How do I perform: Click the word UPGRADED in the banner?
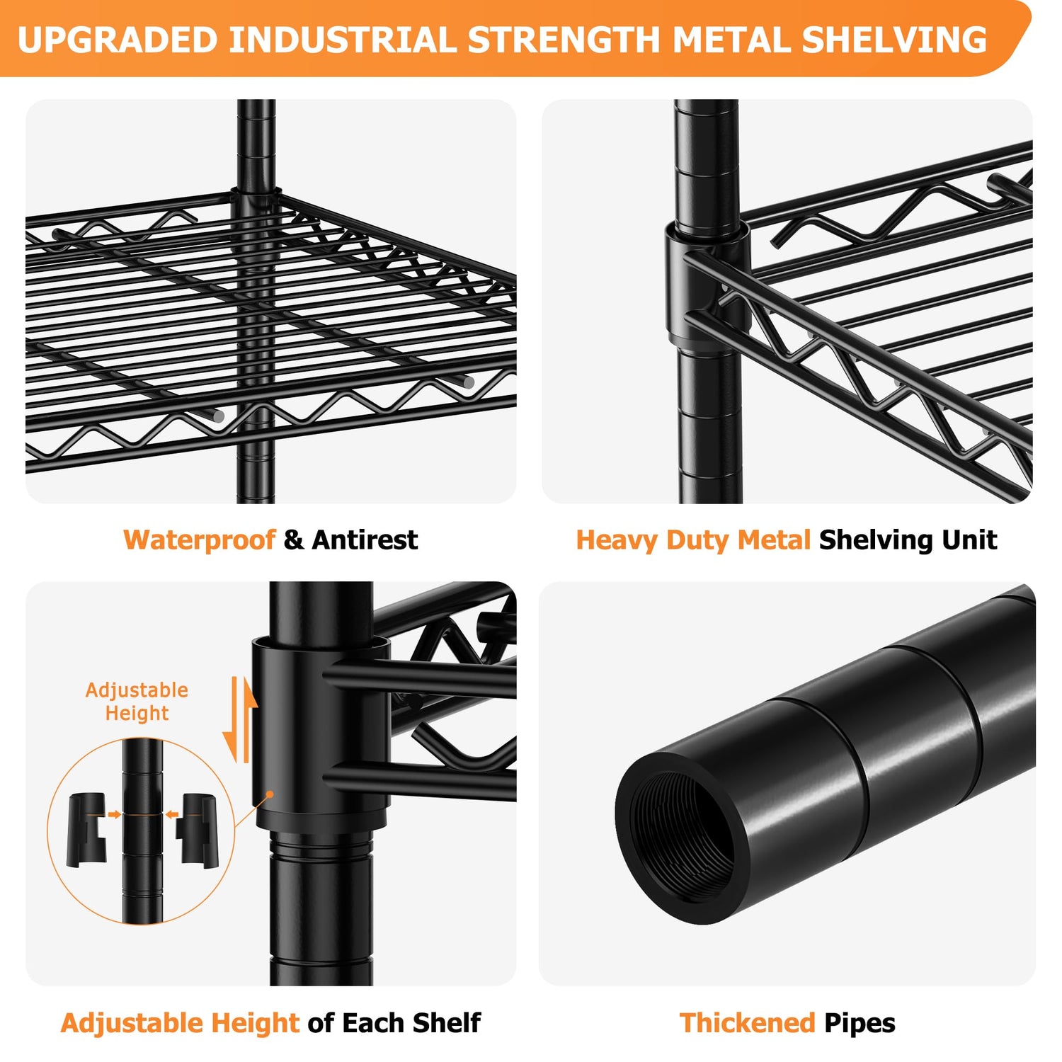click(x=118, y=40)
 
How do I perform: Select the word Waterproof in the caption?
click(x=199, y=540)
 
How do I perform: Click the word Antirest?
click(x=365, y=540)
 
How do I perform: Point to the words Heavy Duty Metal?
click(x=693, y=540)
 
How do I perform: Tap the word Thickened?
click(x=748, y=1023)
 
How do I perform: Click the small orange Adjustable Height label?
click(x=137, y=702)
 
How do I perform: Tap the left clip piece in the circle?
click(x=86, y=830)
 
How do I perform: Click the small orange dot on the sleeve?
click(x=270, y=794)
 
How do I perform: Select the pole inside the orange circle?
click(x=142, y=830)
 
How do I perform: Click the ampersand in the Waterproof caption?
click(x=293, y=540)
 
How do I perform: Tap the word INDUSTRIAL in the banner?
click(x=343, y=40)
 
